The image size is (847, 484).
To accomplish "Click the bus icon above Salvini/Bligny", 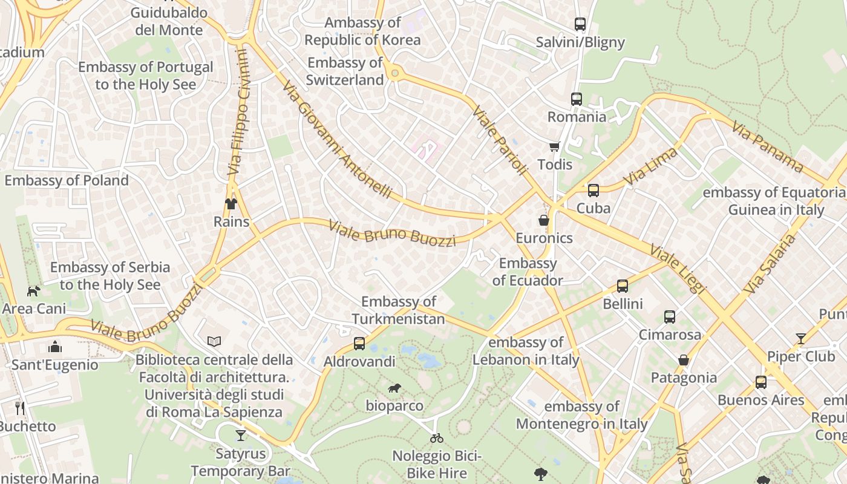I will (580, 24).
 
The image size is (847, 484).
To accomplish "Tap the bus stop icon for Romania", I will (576, 99).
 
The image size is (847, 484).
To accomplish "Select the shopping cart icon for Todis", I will (554, 146).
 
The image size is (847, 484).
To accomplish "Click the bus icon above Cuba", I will (593, 191).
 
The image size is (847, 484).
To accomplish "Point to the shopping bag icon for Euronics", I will (544, 220).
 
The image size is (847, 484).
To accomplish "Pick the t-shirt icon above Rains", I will (231, 203).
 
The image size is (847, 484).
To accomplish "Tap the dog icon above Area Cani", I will (34, 291).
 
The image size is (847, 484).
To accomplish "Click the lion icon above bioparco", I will (394, 388).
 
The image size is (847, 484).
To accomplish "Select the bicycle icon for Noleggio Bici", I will (436, 437).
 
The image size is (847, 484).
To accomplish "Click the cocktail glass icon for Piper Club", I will (801, 339).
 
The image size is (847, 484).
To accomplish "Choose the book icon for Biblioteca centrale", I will (214, 342).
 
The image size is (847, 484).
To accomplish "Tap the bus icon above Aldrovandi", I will (359, 344).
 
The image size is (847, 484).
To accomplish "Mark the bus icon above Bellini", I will (622, 286).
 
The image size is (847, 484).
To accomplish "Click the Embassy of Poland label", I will (67, 180).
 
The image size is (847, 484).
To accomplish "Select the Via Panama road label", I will (767, 147).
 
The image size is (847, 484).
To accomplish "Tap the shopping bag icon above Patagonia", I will (684, 360).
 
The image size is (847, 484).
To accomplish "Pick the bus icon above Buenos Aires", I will (760, 382).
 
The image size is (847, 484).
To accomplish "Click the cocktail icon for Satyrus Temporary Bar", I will (241, 436).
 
